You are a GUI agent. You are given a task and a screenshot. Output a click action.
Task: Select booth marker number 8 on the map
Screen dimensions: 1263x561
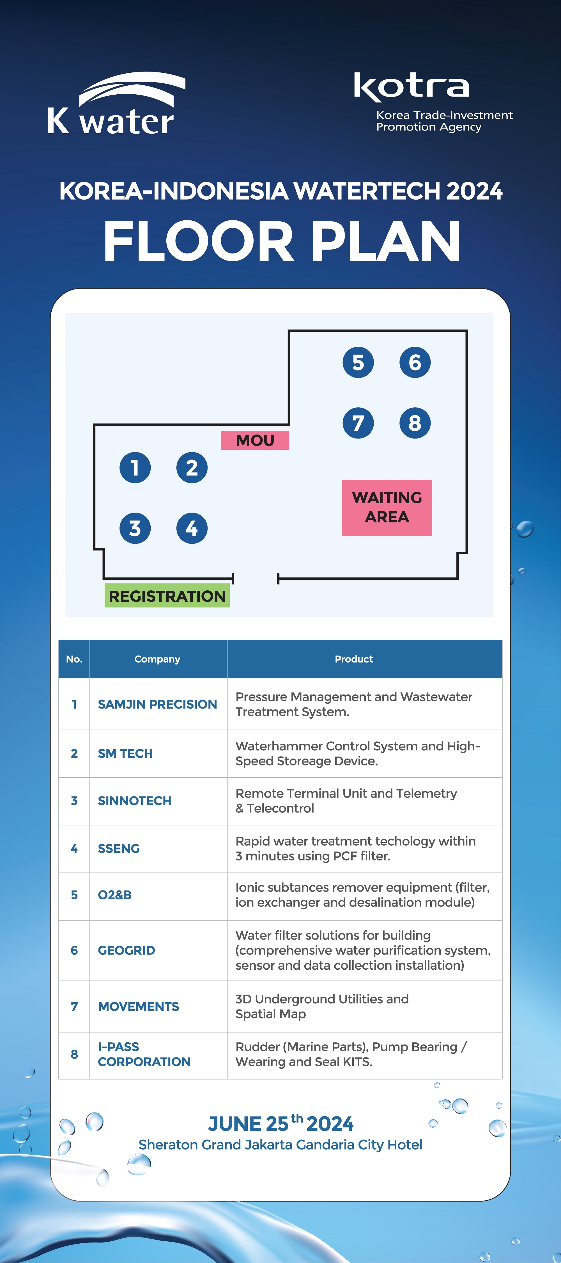(415, 422)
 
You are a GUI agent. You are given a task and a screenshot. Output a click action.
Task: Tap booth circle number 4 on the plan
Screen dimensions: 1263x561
(192, 528)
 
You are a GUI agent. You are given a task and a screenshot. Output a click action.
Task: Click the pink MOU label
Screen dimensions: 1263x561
(255, 440)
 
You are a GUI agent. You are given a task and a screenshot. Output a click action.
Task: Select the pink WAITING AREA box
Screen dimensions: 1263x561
(387, 508)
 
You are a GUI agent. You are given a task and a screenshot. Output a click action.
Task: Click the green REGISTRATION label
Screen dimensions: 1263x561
(167, 596)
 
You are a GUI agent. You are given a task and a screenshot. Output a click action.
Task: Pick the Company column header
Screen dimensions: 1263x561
(157, 659)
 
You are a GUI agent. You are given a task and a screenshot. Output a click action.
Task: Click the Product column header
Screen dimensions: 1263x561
(354, 659)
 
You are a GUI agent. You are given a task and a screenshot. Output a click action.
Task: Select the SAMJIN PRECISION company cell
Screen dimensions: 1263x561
(157, 704)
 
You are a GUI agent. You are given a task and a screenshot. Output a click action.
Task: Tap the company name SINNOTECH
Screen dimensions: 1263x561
(135, 801)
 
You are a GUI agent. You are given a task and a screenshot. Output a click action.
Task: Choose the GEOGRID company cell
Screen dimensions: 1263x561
(127, 950)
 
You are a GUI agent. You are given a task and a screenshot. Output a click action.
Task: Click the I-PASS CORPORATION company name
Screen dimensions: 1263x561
(144, 1054)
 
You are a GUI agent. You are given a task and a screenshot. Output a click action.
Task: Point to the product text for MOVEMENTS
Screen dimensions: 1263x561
(322, 1006)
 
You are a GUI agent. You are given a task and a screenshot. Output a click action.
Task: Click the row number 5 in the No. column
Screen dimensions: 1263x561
(74, 895)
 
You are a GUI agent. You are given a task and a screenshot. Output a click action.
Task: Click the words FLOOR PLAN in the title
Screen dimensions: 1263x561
(282, 241)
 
